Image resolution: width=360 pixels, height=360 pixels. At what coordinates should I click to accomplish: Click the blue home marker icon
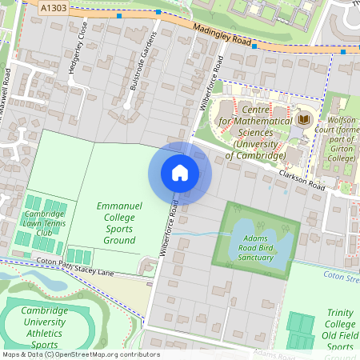[x=180, y=173]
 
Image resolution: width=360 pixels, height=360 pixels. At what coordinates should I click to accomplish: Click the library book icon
[x=303, y=121]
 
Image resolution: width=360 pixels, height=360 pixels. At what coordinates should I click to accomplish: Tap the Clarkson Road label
[x=303, y=175]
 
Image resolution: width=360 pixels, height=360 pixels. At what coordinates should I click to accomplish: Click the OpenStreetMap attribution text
[x=80, y=354]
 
